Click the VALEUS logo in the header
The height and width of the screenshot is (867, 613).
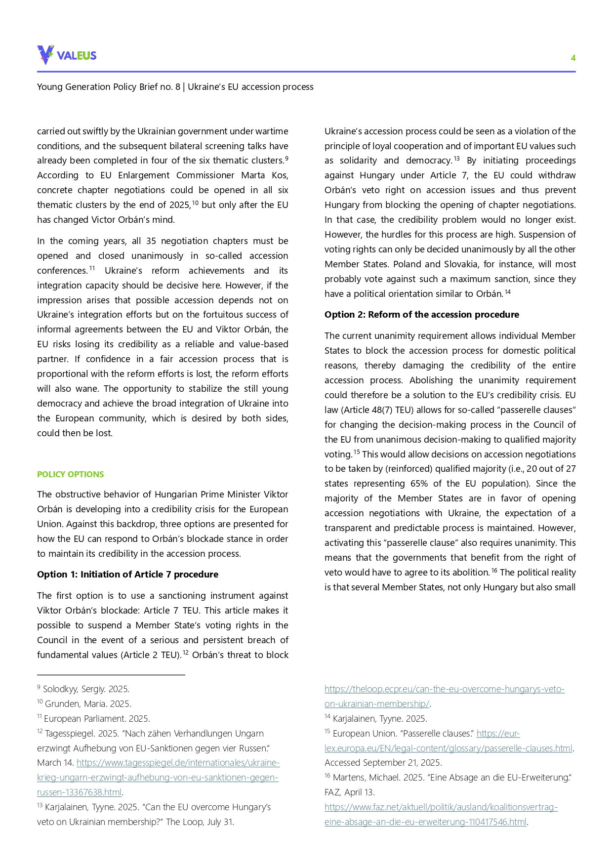(x=67, y=55)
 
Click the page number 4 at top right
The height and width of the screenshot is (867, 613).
(x=573, y=58)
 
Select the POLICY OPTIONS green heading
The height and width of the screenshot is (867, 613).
(x=70, y=474)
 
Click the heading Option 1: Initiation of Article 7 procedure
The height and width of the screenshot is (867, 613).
(x=127, y=574)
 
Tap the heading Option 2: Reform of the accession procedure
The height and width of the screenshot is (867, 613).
(x=421, y=315)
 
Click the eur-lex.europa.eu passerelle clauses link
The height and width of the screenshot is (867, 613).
(x=448, y=748)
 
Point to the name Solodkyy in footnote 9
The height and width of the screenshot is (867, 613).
(x=60, y=689)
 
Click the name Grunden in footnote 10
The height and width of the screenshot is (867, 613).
(x=60, y=704)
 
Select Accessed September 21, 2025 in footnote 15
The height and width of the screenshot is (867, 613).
(x=383, y=763)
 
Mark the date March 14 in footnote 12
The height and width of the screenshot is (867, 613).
(x=55, y=763)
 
